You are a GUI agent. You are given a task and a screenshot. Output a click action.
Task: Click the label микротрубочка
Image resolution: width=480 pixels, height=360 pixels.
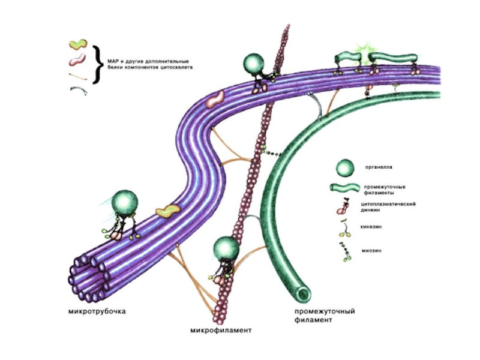coord(97,311)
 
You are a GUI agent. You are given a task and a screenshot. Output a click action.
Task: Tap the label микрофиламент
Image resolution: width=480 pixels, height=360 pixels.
coord(221,331)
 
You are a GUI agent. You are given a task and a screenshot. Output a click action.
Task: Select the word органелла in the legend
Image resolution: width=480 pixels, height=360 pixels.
coord(379,167)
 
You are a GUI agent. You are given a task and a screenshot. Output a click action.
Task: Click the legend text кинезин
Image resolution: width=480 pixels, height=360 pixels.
coord(371,227)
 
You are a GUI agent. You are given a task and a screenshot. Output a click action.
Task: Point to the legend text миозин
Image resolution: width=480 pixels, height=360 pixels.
coord(371,250)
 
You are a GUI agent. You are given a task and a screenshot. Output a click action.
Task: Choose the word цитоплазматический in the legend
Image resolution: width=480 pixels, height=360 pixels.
coord(388,204)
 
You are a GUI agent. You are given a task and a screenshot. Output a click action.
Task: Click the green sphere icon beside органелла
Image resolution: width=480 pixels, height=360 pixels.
coord(345,168)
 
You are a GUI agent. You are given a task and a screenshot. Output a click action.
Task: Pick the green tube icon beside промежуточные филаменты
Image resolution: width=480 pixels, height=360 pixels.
coord(344,188)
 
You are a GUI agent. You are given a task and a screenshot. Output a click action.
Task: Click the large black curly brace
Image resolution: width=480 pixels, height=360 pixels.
coord(98,65)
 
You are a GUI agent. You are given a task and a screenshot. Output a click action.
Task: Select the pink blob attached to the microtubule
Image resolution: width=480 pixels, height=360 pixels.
coord(215,100)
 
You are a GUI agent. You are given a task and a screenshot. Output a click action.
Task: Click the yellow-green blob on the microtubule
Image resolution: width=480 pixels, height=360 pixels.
coord(167,211)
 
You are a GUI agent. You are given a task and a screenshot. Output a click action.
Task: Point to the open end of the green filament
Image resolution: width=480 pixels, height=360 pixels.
coord(303,293)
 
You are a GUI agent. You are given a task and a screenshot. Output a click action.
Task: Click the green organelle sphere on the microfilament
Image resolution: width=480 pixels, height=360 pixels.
coord(226,248)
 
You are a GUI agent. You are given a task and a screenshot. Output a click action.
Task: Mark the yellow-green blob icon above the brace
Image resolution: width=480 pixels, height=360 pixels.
coord(78,44)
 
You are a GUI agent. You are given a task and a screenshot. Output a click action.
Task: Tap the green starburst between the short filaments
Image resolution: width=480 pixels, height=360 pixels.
coord(364,55)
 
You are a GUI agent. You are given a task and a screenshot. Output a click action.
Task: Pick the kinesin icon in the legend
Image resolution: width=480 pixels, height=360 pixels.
coord(346,229)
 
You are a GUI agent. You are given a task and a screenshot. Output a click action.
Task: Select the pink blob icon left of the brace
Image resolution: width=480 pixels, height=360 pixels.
coord(77,59)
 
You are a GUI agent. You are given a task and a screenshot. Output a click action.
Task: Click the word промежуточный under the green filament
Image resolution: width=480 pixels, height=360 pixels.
coord(325,311)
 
